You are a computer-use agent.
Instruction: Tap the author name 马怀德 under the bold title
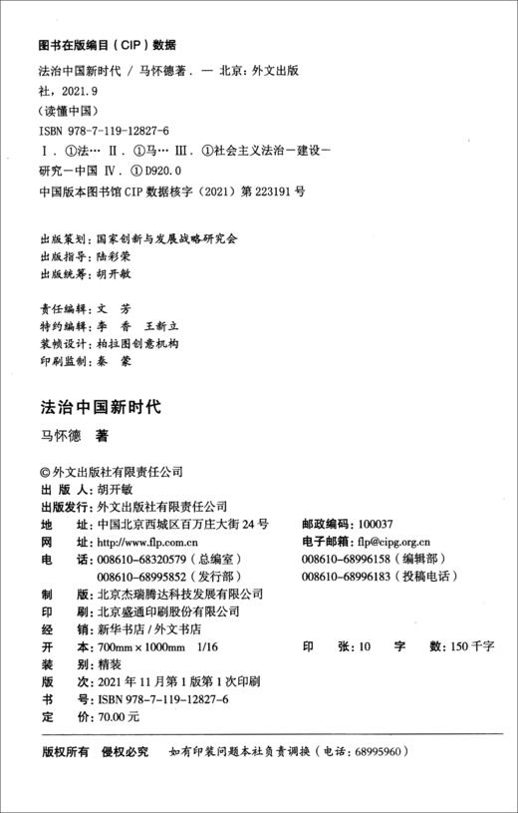(x=60, y=435)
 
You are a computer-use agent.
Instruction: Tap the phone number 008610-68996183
(x=340, y=577)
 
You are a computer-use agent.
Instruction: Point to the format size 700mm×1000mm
(x=138, y=646)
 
